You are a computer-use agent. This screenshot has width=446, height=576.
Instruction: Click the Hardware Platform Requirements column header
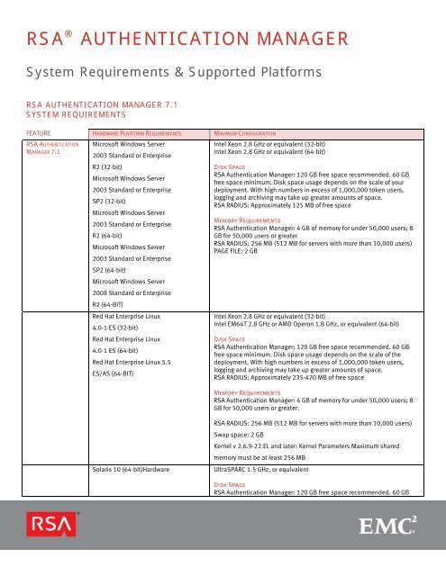tap(140, 131)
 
